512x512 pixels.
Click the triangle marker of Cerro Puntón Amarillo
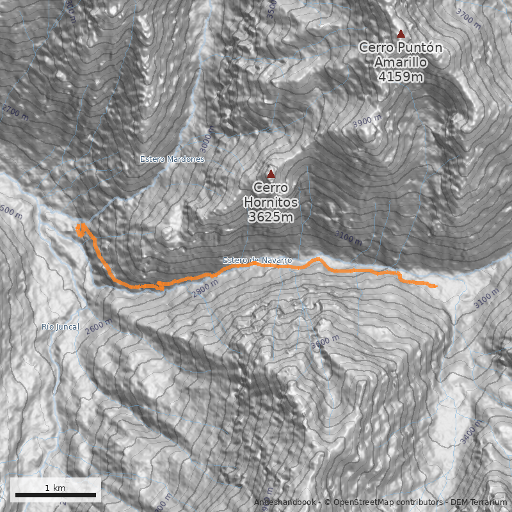point(401,34)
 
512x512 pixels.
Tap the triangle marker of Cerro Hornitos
point(271,173)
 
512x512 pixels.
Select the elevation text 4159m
point(401,77)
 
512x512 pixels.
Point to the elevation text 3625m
point(270,218)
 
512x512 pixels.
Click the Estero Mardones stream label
point(172,159)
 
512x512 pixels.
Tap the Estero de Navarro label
point(257,260)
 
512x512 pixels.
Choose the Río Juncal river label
point(60,327)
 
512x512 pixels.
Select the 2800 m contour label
point(205,290)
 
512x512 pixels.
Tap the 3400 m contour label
point(473,433)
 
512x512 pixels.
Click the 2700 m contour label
point(15,113)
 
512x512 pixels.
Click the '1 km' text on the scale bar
point(55,488)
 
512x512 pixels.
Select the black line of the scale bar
point(55,495)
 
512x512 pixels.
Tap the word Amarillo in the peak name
point(401,63)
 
